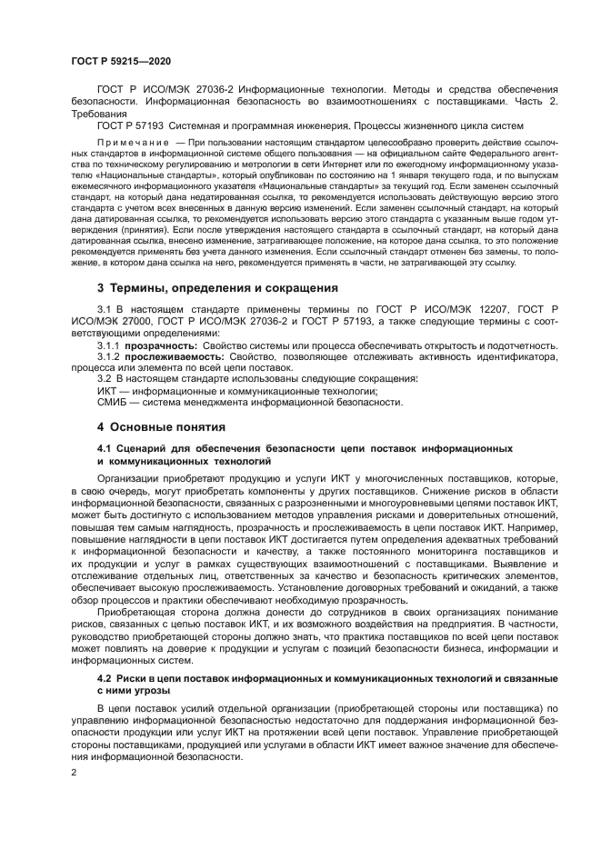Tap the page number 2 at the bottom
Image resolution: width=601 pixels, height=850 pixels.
click(75, 771)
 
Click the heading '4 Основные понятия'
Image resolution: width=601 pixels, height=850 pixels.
click(155, 426)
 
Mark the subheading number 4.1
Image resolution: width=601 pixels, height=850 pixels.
click(104, 449)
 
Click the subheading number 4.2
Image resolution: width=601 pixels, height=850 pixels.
click(104, 678)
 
